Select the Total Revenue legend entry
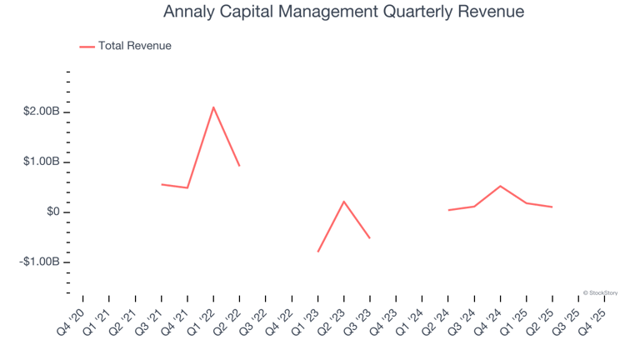pos(134,46)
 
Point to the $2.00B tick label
pos(41,112)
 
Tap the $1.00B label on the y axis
pos(41,162)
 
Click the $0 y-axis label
pos(52,212)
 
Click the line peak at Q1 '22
pos(213,107)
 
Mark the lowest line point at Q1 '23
pos(318,252)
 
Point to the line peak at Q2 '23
pos(344,201)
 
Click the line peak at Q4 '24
pos(500,186)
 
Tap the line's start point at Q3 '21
pos(162,184)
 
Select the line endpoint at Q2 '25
pos(552,207)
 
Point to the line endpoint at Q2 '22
pos(240,166)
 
